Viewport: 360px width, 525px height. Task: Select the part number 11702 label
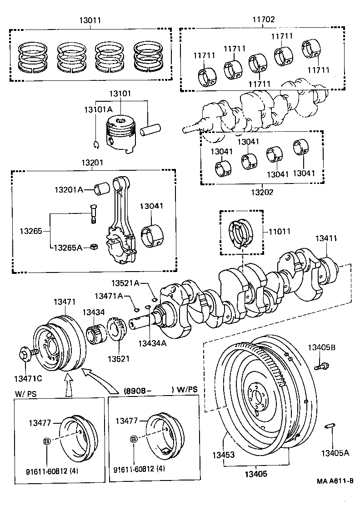coord(264,20)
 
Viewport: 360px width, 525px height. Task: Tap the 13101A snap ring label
coord(98,109)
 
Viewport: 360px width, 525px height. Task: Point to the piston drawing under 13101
coord(121,133)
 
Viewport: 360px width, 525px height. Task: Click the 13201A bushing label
coord(69,189)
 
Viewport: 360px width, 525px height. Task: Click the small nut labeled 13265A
coord(94,247)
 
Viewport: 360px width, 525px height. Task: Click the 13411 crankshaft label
coord(326,238)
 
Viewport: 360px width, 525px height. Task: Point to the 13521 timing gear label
coord(119,358)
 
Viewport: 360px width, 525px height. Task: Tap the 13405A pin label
coord(335,452)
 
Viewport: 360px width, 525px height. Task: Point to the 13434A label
coord(153,343)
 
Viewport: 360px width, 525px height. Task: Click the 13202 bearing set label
coord(262,192)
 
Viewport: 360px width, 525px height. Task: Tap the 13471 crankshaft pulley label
coord(65,302)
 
